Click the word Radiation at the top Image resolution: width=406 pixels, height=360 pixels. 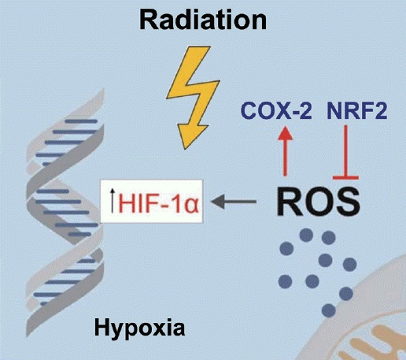pos(203,20)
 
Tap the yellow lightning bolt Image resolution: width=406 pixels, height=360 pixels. pos(193,97)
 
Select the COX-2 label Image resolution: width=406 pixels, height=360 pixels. pos(276,110)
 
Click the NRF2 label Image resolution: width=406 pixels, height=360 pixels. pos(357,110)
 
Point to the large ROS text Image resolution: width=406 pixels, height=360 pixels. pos(318,202)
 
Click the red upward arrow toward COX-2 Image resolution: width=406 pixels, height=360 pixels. pos(285,150)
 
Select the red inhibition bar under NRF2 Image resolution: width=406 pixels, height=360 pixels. pos(345,153)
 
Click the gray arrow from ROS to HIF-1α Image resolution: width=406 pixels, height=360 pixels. pos(234,202)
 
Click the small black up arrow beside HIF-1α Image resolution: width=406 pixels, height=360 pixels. pos(113,200)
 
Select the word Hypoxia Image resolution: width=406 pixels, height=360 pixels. pos(139,328)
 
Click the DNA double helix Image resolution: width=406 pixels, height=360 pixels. pos(65,213)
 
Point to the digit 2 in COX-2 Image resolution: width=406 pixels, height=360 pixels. pos(304,110)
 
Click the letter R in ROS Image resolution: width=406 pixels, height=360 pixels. pos(289,202)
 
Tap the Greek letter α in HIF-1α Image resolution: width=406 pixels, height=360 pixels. pos(191,205)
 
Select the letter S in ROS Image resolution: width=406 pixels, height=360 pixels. pos(347,202)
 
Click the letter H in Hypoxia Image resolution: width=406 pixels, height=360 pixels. pos(101,327)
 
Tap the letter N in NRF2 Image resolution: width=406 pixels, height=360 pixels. pos(334,110)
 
